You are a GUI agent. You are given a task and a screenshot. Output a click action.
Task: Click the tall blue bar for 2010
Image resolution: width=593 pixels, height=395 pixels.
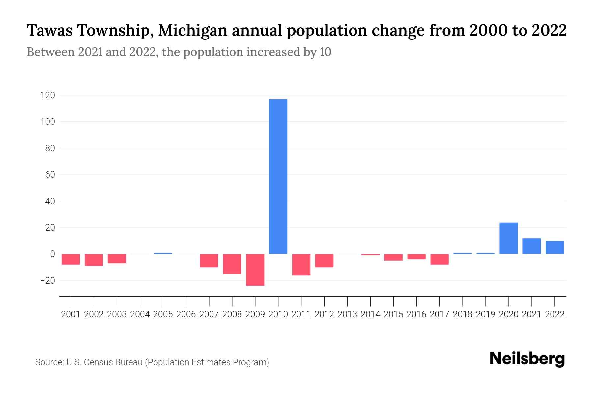[x=278, y=176]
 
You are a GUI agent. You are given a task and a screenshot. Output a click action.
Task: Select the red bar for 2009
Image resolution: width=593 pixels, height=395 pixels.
[x=255, y=270]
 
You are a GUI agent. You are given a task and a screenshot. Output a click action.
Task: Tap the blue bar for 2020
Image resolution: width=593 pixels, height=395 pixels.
[x=508, y=238]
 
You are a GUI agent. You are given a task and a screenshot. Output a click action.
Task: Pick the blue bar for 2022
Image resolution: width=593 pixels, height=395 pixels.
[x=554, y=247]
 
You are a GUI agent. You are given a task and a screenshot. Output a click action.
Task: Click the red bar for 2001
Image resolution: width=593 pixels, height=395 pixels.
[x=71, y=259]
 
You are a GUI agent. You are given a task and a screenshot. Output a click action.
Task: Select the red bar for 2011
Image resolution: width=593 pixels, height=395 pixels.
[x=301, y=264]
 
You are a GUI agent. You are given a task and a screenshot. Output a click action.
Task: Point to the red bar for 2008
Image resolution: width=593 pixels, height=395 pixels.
[x=232, y=264]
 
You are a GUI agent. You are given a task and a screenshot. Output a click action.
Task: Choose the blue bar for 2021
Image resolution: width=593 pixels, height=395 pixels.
[x=531, y=246]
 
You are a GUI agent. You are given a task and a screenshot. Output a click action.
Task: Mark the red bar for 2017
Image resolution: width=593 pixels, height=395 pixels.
[x=439, y=259]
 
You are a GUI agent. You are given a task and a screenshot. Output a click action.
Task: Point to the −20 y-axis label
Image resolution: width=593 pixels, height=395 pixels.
[x=47, y=281]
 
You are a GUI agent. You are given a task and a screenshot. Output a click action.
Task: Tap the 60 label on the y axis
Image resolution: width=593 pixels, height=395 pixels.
[x=50, y=175]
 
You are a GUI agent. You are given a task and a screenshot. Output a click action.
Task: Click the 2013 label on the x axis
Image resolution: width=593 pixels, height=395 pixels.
[x=347, y=314]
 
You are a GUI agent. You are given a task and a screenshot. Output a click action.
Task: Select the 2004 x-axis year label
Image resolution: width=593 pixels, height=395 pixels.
[x=140, y=314]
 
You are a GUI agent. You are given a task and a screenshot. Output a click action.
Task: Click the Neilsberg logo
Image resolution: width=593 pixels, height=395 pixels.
[x=527, y=359]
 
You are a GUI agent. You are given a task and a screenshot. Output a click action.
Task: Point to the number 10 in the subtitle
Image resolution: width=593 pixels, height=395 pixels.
[x=325, y=52]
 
